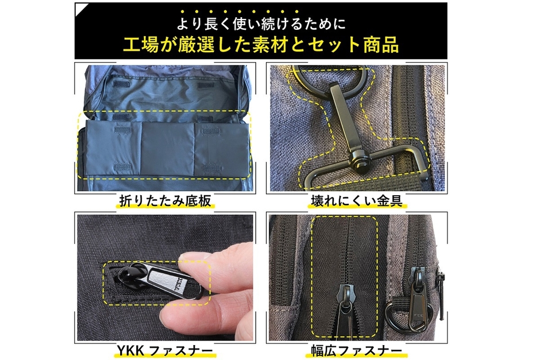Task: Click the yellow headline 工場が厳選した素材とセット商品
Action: (261, 45)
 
